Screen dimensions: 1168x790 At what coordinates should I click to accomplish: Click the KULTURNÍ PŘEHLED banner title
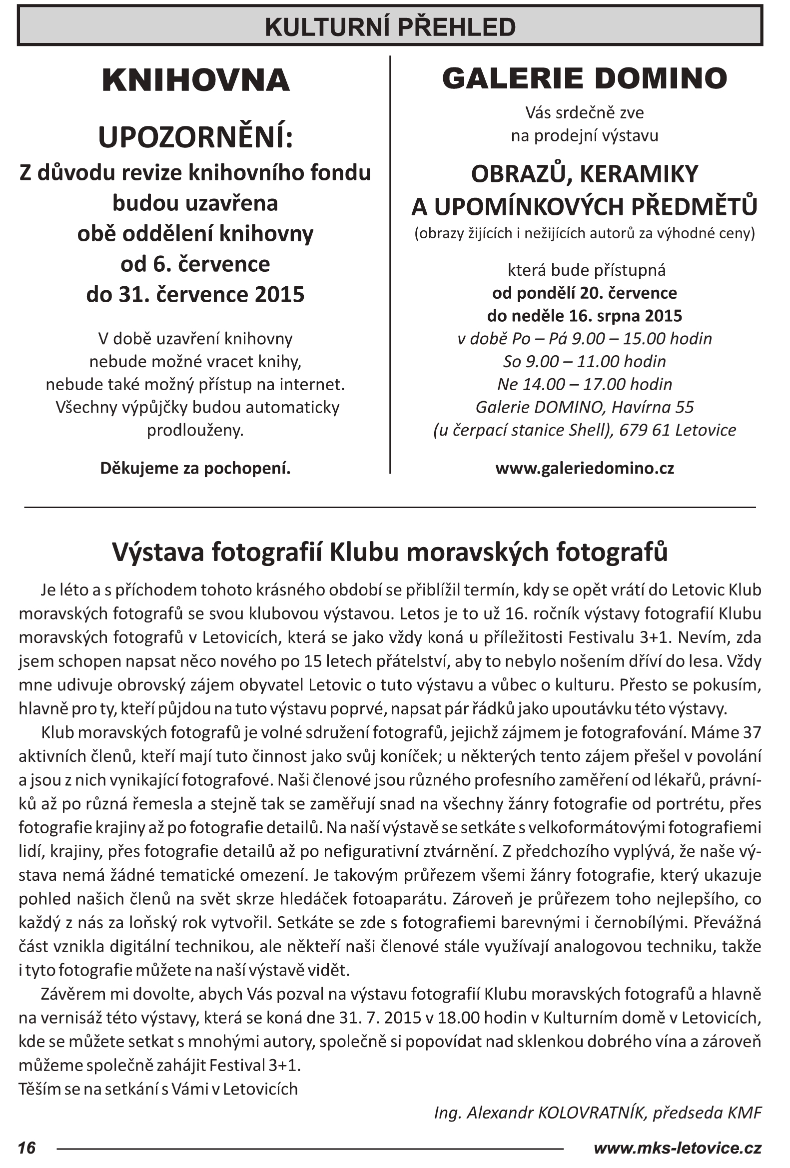coord(390,27)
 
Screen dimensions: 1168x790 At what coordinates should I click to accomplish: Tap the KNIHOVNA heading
coord(195,80)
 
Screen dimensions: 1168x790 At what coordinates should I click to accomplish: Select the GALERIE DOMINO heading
coord(584,78)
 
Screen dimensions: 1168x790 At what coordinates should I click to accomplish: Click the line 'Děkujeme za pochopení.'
coord(195,469)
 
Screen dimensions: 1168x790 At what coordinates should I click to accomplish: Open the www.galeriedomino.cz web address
coord(584,469)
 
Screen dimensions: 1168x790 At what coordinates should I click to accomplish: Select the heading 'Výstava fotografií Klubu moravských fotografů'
coord(389,552)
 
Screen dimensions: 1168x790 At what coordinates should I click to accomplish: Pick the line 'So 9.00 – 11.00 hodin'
coord(584,361)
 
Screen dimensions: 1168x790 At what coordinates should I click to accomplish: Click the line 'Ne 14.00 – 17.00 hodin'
coord(584,385)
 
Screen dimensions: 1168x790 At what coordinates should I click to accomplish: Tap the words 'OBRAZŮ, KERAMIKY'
coord(584,174)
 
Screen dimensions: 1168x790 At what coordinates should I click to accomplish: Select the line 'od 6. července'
coord(195,264)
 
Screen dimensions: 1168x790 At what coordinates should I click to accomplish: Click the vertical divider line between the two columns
coord(390,264)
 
